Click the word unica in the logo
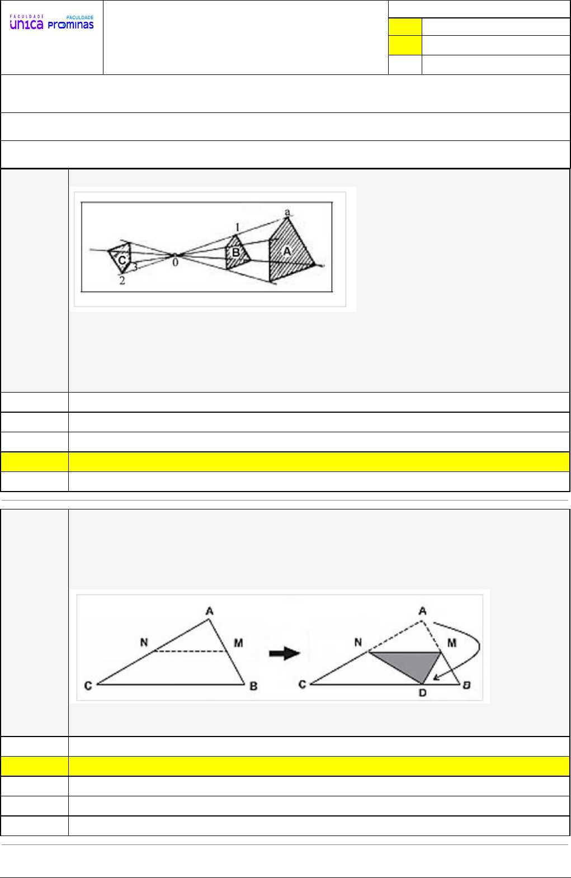26,25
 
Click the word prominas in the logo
70,26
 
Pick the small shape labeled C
120,258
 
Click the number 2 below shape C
122,281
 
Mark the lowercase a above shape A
287,212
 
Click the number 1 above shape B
237,227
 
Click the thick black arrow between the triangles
285,653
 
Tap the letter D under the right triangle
422,693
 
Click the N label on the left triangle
144,642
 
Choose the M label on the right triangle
452,643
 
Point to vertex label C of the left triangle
88,686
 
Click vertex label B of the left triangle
253,686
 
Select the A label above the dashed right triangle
422,611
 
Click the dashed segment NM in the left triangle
191,651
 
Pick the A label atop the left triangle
210,611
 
